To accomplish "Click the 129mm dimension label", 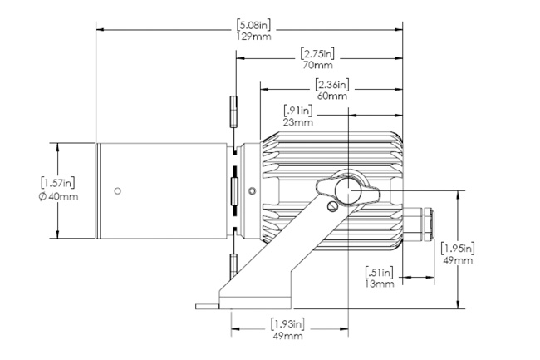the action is pos(254,37).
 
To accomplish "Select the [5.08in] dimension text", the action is pos(254,25).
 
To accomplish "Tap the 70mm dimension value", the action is pos(318,65).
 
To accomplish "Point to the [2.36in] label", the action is pos(332,85).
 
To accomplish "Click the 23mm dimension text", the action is pos(298,122).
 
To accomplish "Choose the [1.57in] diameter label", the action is pos(58,182).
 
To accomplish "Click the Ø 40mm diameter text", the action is pos(58,197).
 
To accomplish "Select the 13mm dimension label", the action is pos(379,284).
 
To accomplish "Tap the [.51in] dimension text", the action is pos(379,273).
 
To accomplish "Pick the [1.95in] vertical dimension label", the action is pos(458,248).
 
